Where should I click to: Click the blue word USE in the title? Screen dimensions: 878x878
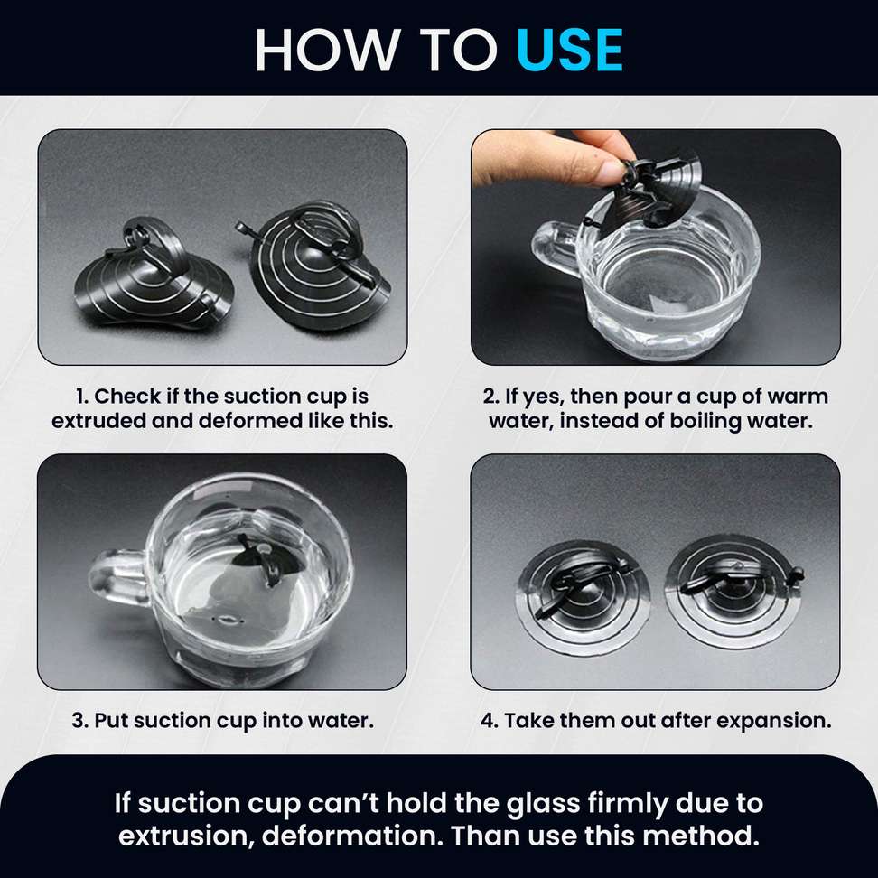coord(569,50)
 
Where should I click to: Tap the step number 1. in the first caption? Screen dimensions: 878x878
coord(82,397)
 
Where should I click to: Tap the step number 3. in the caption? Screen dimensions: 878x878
coord(80,720)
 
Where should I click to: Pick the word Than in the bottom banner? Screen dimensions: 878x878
coord(485,836)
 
